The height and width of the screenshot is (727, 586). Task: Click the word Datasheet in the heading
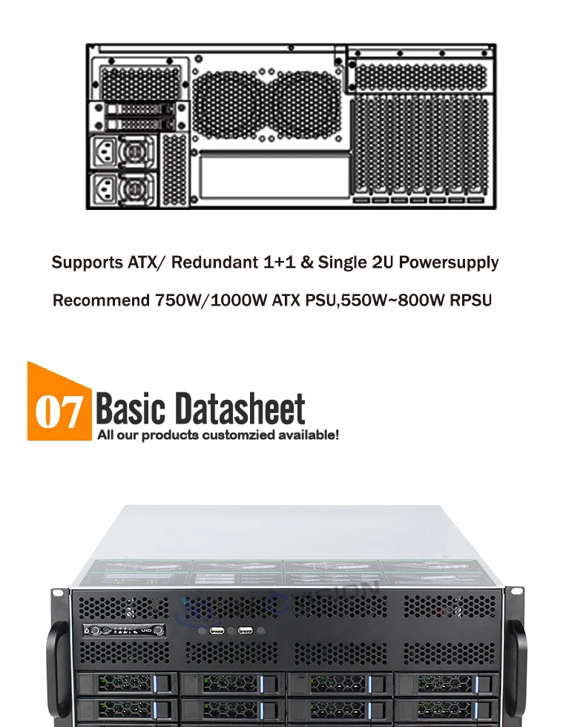click(241, 409)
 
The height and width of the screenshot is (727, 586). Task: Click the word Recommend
click(101, 301)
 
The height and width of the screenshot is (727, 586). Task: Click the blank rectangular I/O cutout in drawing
click(274, 176)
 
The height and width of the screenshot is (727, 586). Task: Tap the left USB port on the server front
click(217, 631)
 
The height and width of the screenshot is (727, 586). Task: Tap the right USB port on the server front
click(246, 631)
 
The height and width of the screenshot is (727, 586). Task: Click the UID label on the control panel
click(146, 631)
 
